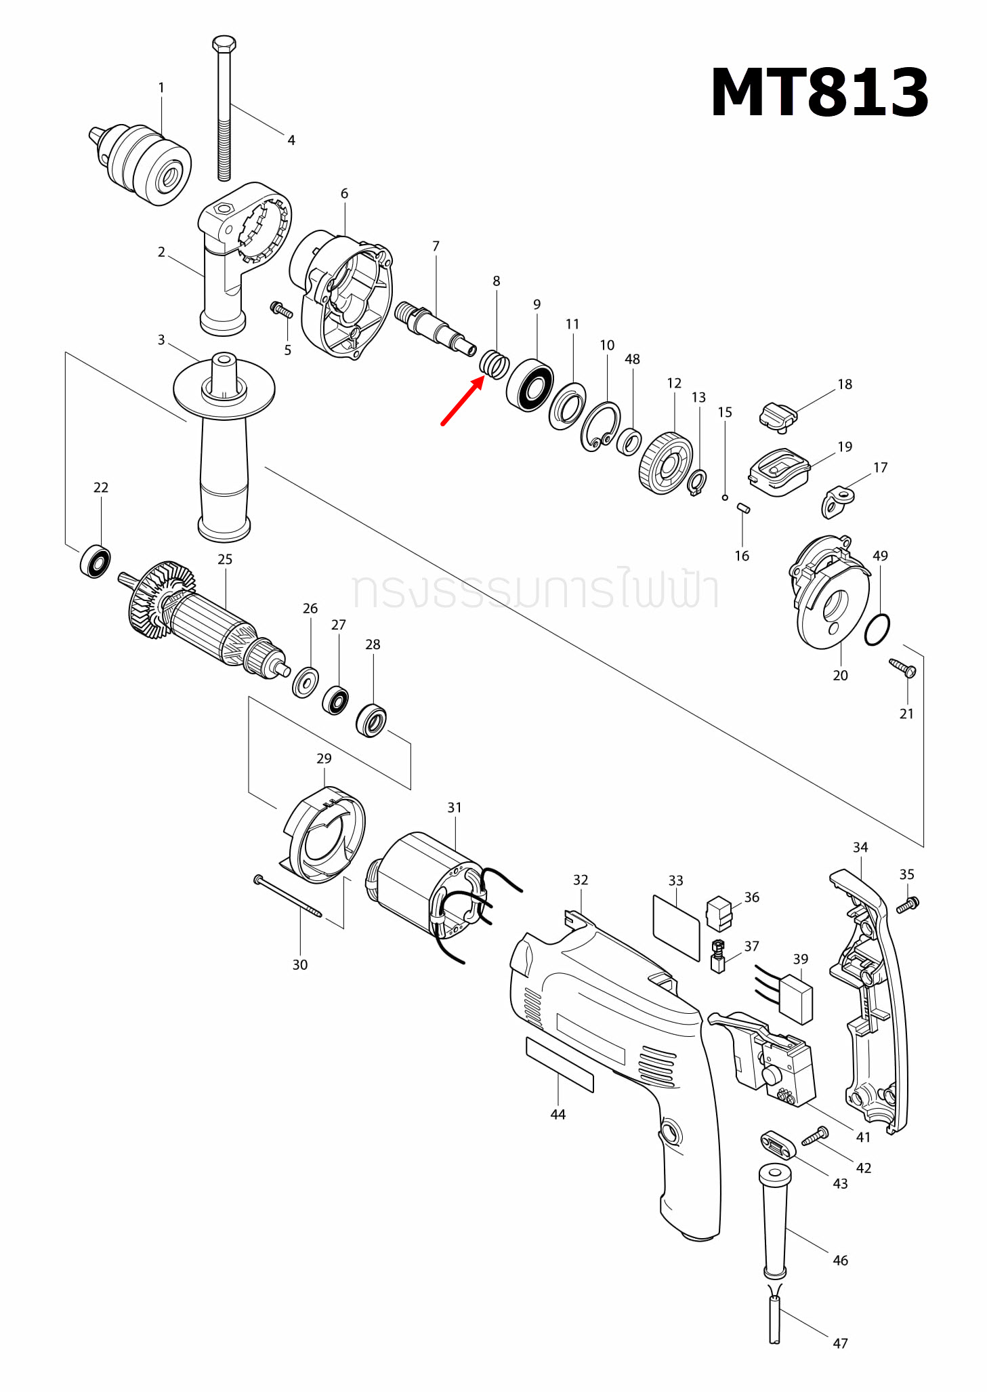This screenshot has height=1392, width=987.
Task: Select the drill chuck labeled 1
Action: click(143, 163)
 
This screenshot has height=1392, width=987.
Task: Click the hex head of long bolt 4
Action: click(224, 45)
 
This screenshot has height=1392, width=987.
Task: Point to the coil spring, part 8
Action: click(495, 365)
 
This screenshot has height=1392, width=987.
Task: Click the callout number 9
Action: click(537, 305)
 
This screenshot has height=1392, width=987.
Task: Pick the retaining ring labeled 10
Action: click(600, 426)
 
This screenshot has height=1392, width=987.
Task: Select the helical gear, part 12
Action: click(665, 464)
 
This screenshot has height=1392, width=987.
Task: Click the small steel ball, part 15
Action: click(724, 497)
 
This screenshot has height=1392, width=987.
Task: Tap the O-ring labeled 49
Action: click(877, 630)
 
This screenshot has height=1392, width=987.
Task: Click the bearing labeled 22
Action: click(96, 561)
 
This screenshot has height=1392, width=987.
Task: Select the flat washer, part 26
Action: click(305, 682)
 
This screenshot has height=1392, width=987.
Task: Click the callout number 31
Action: click(454, 808)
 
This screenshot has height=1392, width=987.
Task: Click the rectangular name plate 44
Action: click(559, 1064)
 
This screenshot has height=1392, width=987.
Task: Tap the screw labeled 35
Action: click(907, 905)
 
